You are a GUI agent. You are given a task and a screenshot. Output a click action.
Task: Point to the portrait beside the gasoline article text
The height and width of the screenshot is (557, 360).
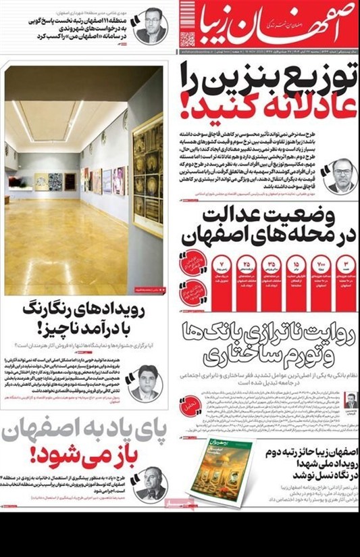tap(340, 176)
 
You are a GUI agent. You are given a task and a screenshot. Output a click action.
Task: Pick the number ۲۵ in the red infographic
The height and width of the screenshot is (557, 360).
tap(247, 262)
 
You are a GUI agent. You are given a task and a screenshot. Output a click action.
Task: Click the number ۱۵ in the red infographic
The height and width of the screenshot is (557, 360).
tap(295, 262)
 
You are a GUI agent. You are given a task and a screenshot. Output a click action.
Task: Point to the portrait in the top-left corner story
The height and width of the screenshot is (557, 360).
tap(151, 25)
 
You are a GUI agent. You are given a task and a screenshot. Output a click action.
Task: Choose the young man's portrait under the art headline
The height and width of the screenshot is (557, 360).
tap(146, 383)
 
